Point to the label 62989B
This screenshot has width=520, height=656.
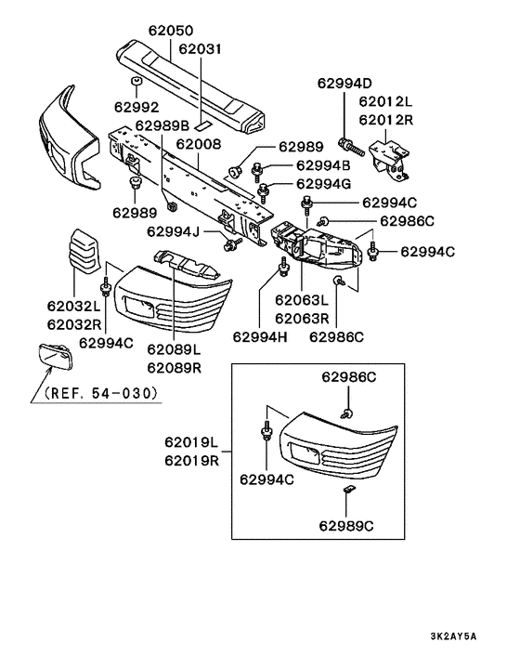(x=162, y=125)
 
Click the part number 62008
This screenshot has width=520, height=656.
(x=198, y=144)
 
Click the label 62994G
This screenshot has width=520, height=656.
(x=324, y=183)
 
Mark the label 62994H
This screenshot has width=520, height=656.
(x=263, y=335)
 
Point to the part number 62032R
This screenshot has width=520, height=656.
(x=74, y=324)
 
